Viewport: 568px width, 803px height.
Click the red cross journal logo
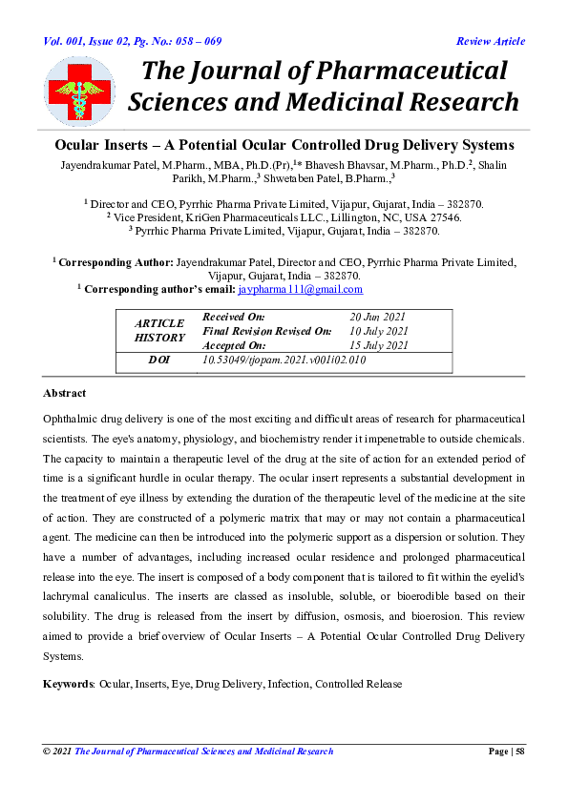(79, 91)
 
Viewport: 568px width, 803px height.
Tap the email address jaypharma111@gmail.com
(301, 290)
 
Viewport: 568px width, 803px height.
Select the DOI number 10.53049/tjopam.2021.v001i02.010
(284, 360)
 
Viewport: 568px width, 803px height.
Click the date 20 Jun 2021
(378, 316)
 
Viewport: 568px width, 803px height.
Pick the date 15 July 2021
(379, 345)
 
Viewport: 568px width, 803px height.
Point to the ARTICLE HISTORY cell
(159, 331)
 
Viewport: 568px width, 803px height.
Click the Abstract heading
(65, 393)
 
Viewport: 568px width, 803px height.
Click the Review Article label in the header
(491, 41)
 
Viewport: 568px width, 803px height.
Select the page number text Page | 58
(506, 752)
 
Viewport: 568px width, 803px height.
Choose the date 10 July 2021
(379, 331)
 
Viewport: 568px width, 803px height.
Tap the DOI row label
(159, 360)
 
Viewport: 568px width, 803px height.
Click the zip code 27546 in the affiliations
(442, 216)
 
